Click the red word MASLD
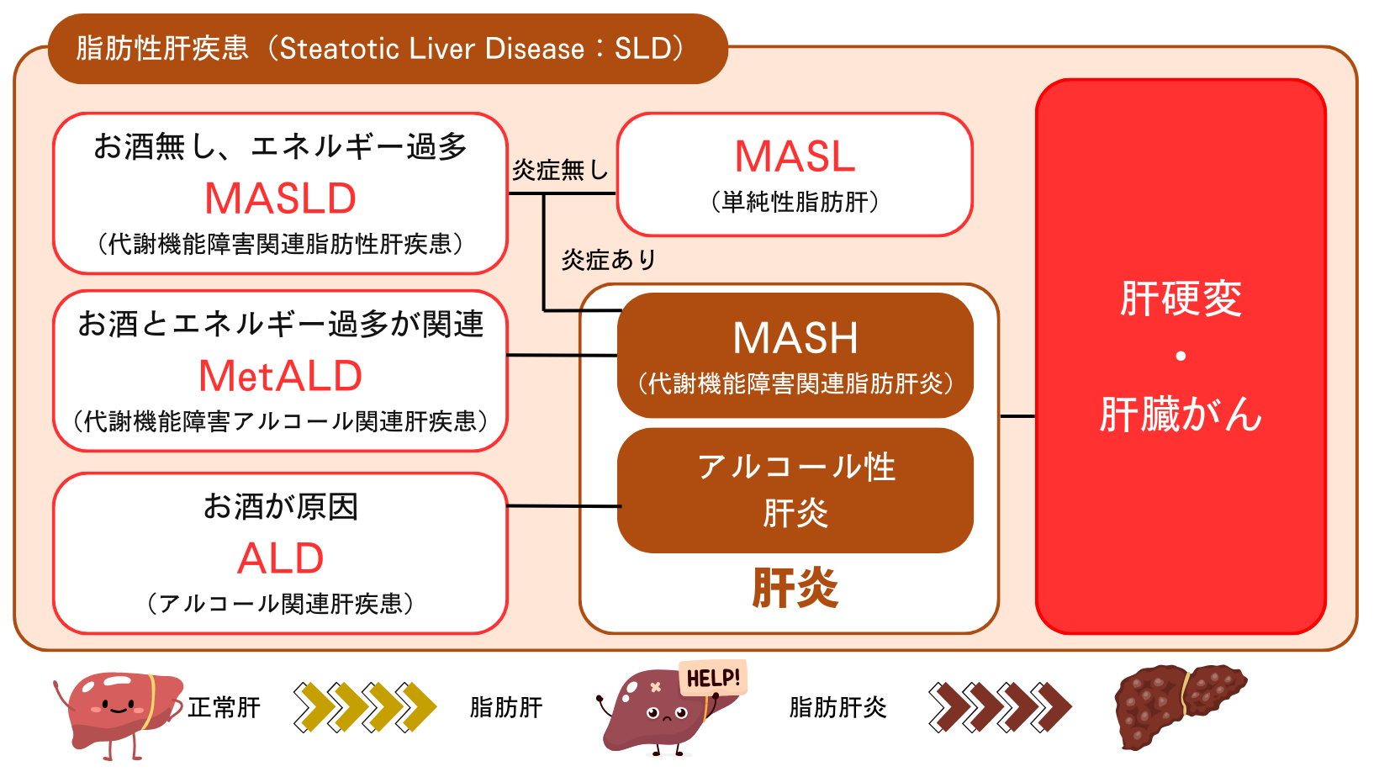click(x=281, y=199)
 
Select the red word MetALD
click(x=281, y=376)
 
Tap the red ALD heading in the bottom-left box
click(x=281, y=558)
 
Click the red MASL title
click(x=795, y=156)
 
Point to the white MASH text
click(x=795, y=338)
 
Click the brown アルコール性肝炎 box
click(x=795, y=490)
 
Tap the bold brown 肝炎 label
click(x=795, y=588)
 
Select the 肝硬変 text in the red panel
click(x=1181, y=299)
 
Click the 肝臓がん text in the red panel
click(x=1181, y=415)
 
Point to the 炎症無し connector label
click(x=560, y=170)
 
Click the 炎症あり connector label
click(x=608, y=260)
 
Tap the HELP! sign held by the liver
click(x=713, y=678)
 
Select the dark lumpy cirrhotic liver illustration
click(x=1177, y=705)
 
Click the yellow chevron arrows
click(x=365, y=707)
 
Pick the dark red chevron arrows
click(x=1000, y=707)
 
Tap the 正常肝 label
click(x=224, y=707)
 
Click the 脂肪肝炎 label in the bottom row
click(x=837, y=707)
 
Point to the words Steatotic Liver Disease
click(x=431, y=49)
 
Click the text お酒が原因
click(x=281, y=507)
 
